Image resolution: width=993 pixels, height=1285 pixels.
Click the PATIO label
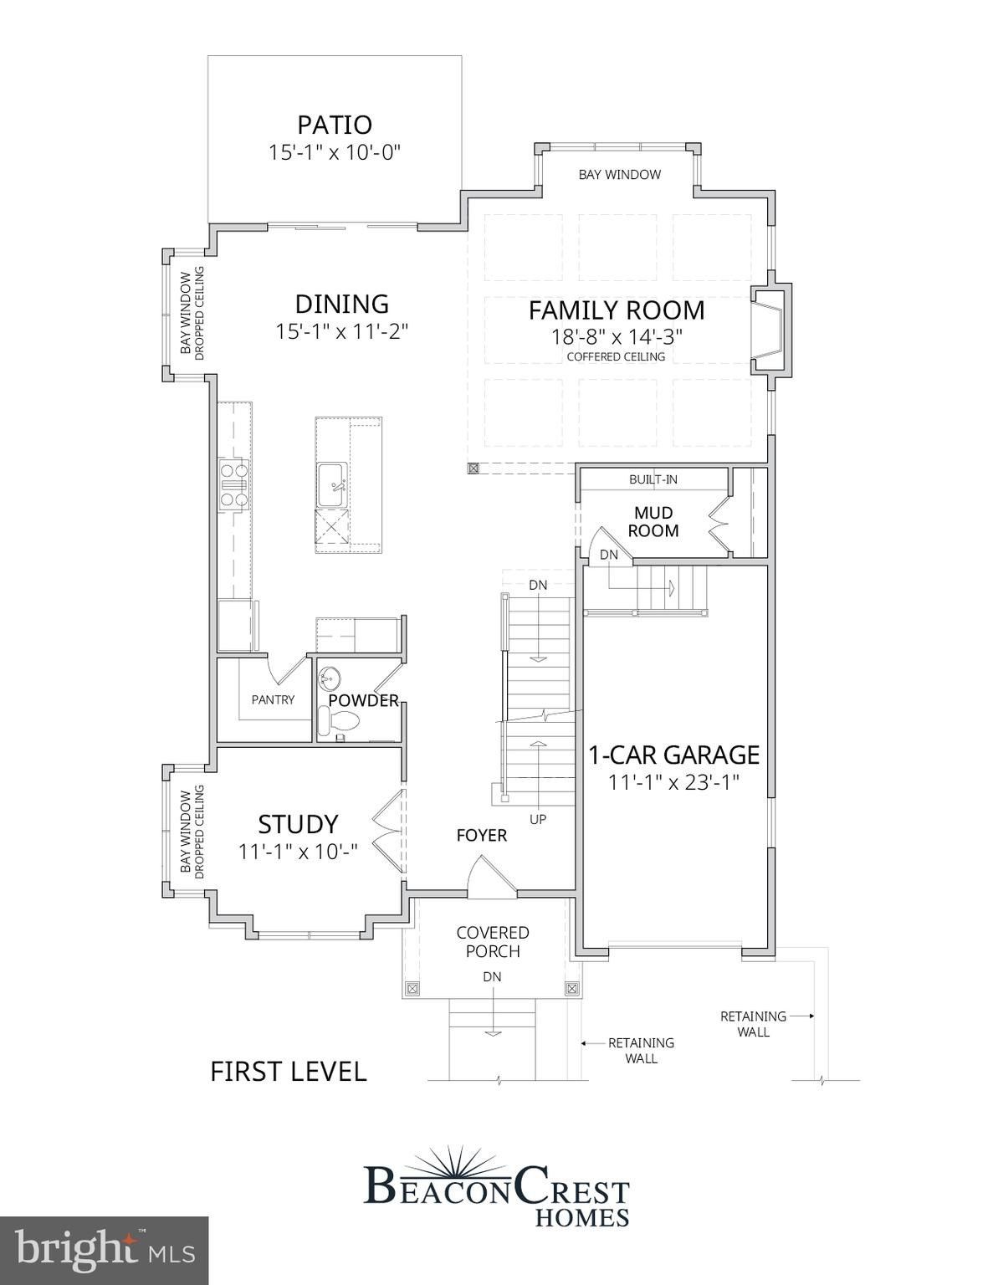click(x=335, y=125)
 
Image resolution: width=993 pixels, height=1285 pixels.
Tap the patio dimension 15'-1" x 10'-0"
click(x=335, y=152)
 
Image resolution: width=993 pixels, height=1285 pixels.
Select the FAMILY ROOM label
click(x=616, y=310)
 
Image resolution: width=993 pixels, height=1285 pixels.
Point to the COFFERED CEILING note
click(x=616, y=356)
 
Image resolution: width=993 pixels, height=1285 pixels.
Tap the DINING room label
click(x=341, y=304)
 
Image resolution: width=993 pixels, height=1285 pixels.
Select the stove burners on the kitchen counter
click(x=233, y=484)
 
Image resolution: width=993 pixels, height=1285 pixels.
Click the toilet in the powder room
click(x=340, y=720)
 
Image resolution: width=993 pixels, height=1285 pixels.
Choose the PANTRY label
click(x=273, y=699)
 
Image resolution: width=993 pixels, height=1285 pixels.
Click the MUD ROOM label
click(x=653, y=521)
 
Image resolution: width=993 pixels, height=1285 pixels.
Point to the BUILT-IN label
click(x=653, y=479)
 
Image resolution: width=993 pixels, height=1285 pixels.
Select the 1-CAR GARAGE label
click(x=673, y=755)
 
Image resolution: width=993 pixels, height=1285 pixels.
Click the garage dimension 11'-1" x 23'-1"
click(x=673, y=783)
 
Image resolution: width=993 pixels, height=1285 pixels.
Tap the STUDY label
click(x=298, y=824)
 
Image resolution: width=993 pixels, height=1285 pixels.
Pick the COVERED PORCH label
click(x=493, y=942)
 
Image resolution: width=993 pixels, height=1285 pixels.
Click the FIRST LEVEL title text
click(x=288, y=1072)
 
